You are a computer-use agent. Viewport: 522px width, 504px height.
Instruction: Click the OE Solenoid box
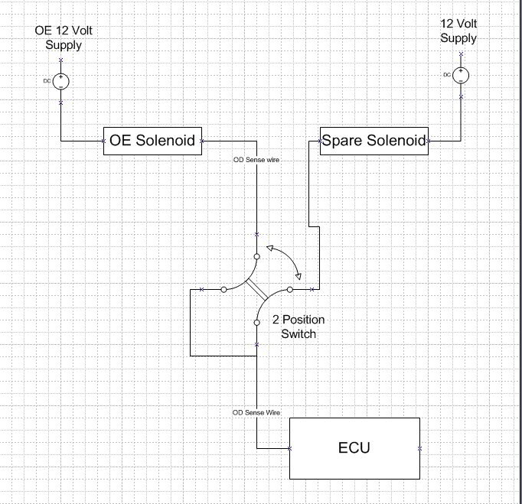point(152,141)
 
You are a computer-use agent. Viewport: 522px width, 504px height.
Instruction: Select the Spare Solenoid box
point(374,141)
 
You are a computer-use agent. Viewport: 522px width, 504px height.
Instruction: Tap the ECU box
point(354,448)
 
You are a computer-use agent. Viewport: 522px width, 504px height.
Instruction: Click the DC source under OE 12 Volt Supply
point(61,82)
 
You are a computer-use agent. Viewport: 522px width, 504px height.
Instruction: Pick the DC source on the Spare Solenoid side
point(461,75)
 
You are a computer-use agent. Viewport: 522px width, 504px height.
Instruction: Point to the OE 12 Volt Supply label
point(64,37)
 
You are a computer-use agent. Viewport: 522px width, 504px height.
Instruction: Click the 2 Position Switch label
point(299,327)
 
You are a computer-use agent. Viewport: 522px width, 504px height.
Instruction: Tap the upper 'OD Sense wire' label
point(256,160)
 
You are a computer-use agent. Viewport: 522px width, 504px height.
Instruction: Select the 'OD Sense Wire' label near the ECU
point(256,412)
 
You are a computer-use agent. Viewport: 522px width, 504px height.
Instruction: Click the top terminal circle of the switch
point(256,256)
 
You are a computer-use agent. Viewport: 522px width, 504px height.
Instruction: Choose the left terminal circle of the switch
point(223,290)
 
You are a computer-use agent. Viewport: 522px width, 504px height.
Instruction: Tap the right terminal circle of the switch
point(290,290)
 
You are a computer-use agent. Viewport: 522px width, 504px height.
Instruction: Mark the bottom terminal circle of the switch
point(256,323)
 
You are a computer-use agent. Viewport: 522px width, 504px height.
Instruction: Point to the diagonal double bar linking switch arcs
point(256,290)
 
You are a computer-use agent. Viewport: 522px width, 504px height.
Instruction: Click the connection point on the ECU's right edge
point(419,448)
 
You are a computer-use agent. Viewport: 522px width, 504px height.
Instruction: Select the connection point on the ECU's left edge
point(289,448)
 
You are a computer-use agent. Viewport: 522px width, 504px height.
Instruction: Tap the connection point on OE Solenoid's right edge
point(201,141)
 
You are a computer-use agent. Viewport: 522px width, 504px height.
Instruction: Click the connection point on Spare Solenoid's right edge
point(428,141)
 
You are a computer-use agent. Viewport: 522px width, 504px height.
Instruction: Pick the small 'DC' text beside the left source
point(47,81)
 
